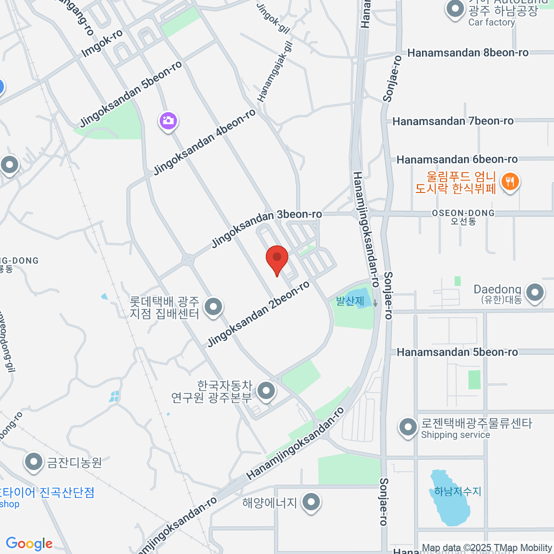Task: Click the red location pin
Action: click(277, 258)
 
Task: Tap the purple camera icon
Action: click(169, 121)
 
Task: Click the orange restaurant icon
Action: click(510, 181)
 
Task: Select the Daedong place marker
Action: click(535, 292)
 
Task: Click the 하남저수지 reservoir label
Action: click(458, 491)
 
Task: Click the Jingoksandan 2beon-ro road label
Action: click(258, 314)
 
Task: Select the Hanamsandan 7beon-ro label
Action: click(453, 121)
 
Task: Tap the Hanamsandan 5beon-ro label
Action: click(458, 352)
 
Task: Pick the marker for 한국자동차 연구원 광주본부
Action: click(265, 391)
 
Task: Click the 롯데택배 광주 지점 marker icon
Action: click(213, 307)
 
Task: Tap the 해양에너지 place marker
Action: click(312, 502)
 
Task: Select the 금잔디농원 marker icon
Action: click(34, 462)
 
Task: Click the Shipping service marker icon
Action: click(408, 427)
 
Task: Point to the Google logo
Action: click(29, 543)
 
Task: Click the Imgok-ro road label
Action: click(102, 44)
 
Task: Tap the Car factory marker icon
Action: click(455, 9)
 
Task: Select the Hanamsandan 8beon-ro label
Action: click(468, 53)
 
